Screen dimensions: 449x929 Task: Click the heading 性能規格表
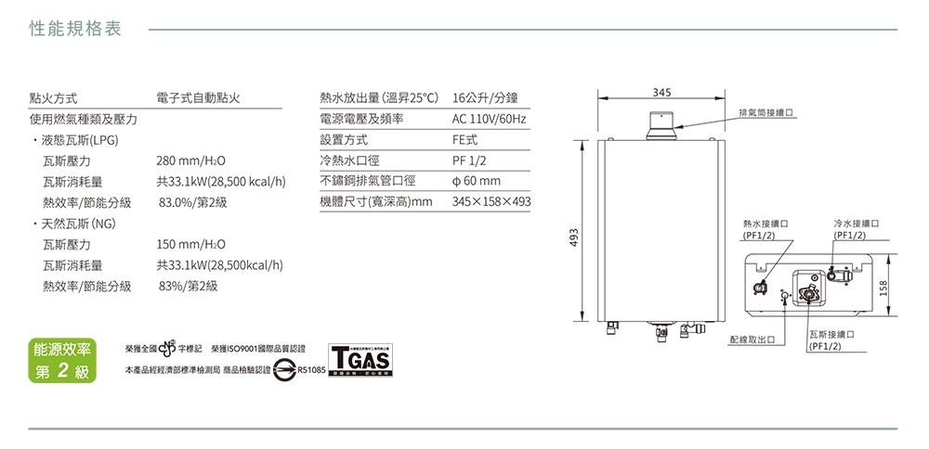[76, 29]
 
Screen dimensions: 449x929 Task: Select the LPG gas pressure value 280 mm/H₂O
[192, 160]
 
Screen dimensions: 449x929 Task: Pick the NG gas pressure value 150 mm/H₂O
[192, 245]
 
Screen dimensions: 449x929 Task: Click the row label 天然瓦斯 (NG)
[75, 224]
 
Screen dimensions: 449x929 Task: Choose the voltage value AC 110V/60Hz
[489, 120]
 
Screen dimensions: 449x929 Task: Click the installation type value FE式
[464, 140]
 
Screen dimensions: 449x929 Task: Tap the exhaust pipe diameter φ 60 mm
[476, 181]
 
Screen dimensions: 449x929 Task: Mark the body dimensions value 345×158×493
[491, 201]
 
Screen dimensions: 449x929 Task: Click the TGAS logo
[360, 359]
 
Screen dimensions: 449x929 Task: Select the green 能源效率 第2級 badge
[61, 361]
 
